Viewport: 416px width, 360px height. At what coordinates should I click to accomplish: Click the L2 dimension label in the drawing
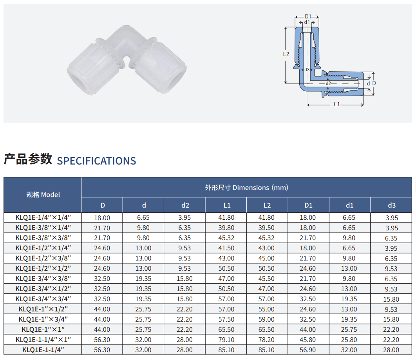pyautogui.click(x=286, y=54)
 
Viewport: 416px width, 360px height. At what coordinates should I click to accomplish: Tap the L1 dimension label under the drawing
pyautogui.click(x=336, y=104)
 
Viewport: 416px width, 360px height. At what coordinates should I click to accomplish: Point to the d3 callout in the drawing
pyautogui.click(x=307, y=70)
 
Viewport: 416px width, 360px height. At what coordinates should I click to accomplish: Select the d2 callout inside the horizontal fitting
pyautogui.click(x=328, y=83)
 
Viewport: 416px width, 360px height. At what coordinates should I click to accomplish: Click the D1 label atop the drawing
pyautogui.click(x=308, y=17)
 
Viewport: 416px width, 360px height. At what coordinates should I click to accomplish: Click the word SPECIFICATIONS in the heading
pyautogui.click(x=97, y=161)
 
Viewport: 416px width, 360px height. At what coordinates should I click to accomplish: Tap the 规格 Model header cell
pyautogui.click(x=43, y=195)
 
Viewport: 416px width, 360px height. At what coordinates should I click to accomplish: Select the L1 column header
pyautogui.click(x=227, y=205)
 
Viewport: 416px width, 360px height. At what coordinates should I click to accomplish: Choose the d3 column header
pyautogui.click(x=392, y=205)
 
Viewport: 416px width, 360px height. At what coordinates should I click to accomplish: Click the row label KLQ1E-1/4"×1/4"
pyautogui.click(x=43, y=217)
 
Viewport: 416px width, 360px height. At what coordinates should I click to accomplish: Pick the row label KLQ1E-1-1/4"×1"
pyautogui.click(x=43, y=340)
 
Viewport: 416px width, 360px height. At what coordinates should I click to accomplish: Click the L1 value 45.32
pyautogui.click(x=226, y=238)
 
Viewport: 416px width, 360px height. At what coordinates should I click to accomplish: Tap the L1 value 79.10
pyautogui.click(x=226, y=340)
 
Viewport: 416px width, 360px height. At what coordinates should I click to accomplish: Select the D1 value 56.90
pyautogui.click(x=308, y=350)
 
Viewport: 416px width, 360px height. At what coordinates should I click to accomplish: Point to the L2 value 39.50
pyautogui.click(x=266, y=228)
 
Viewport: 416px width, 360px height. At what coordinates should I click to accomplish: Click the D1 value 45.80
pyautogui.click(x=308, y=340)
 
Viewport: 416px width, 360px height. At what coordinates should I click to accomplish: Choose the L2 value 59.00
pyautogui.click(x=266, y=319)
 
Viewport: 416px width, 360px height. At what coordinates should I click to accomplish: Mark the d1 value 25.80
pyautogui.click(x=349, y=340)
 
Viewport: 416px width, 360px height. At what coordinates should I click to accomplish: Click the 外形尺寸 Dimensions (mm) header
pyautogui.click(x=246, y=188)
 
